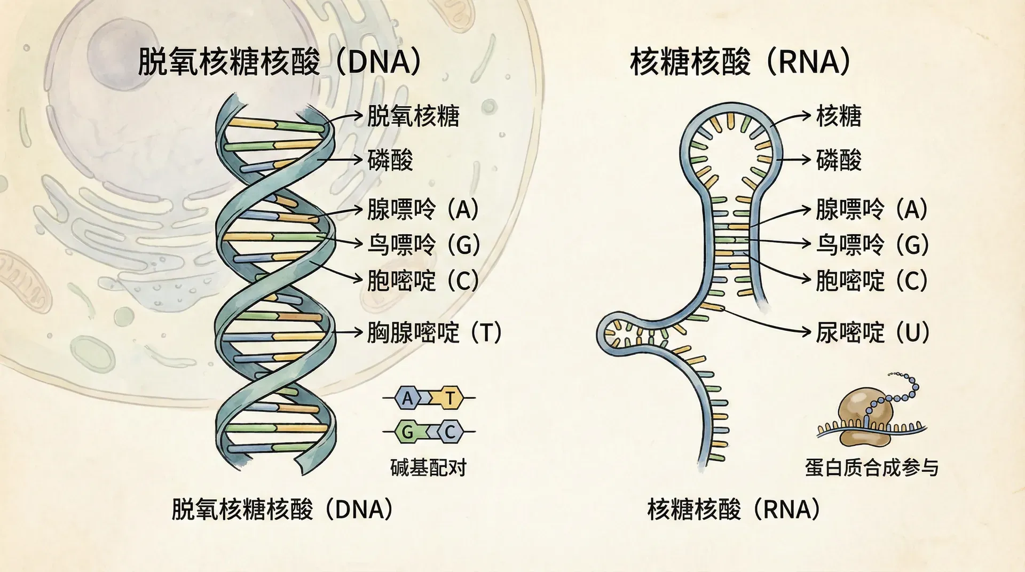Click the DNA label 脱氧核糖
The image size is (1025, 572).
click(413, 116)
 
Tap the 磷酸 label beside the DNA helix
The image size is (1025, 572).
click(390, 160)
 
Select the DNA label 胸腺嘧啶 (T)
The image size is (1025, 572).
click(434, 332)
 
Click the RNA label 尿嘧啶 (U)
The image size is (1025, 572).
click(872, 332)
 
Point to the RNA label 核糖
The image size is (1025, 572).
click(839, 116)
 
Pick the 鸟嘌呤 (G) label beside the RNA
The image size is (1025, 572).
click(872, 244)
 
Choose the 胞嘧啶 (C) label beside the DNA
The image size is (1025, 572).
click(423, 280)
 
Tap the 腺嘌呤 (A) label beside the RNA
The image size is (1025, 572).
click(871, 209)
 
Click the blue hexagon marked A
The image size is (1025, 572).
click(408, 398)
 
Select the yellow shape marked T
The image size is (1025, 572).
click(450, 398)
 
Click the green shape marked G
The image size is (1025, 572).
click(408, 432)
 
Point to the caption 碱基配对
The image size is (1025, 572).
click(429, 467)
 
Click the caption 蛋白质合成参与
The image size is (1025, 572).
click(871, 467)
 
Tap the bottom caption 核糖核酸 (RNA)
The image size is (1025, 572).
click(734, 509)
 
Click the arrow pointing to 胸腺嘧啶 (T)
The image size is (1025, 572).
click(348, 332)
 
